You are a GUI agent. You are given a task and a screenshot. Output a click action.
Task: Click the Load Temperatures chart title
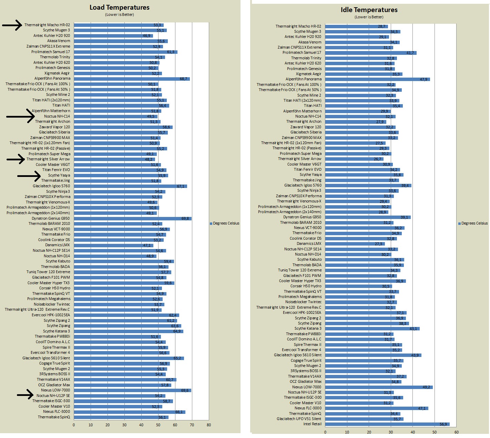point(119,7)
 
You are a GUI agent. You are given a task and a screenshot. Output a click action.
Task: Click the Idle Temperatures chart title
point(369,10)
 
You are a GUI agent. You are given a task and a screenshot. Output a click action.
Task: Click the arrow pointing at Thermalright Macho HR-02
point(12,25)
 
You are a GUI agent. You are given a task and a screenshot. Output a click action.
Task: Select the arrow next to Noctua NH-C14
point(20,116)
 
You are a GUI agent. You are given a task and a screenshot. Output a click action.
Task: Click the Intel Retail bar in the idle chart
point(387,424)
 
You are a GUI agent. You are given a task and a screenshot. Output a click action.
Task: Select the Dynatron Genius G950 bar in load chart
point(133,218)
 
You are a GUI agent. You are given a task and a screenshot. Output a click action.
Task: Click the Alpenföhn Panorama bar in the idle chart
point(377,79)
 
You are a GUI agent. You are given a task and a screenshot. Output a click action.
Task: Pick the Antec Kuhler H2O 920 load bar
point(113,36)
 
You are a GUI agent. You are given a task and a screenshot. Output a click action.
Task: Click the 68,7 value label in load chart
point(183,79)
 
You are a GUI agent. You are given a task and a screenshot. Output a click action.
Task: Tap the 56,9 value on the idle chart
point(443,424)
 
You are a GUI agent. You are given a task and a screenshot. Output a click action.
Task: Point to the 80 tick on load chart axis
point(209,425)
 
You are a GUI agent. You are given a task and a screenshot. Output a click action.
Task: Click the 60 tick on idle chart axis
point(456,432)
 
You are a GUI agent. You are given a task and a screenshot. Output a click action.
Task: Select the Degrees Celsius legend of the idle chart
point(473,223)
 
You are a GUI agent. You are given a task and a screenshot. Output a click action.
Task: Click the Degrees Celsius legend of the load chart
point(224,223)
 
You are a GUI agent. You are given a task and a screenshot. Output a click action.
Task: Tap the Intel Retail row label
point(312,424)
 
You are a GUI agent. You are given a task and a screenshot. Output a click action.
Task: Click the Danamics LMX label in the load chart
point(57,245)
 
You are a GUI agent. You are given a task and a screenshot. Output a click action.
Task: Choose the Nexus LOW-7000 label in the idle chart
point(307,387)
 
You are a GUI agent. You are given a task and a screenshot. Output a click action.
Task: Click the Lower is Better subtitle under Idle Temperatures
point(369,17)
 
